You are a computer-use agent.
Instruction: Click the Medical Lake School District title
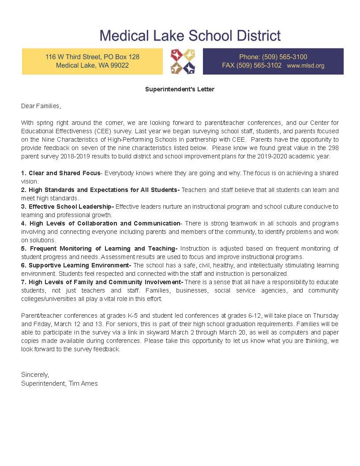190,35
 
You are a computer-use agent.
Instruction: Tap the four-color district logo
183,61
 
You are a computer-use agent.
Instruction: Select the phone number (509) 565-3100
285,57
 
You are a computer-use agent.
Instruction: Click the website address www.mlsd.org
305,66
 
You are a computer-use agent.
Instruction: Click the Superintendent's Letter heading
180,89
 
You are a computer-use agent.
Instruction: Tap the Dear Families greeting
41,106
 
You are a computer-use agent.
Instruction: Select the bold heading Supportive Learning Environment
80,265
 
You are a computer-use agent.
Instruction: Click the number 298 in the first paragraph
333,148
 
